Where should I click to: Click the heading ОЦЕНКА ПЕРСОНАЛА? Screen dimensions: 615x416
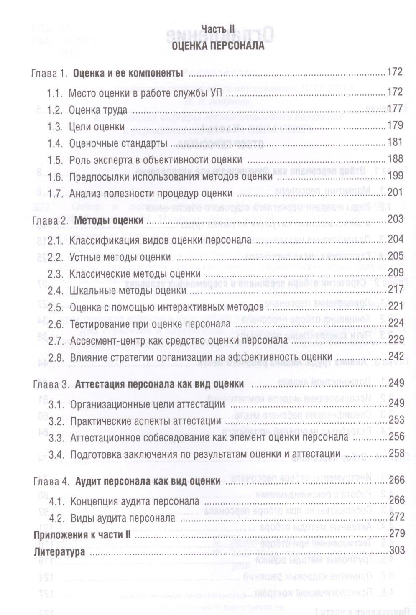218,46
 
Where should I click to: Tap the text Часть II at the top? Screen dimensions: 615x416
218,29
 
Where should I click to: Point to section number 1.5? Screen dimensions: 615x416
55,160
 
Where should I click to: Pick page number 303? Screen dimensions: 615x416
397,550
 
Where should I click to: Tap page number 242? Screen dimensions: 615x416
396,356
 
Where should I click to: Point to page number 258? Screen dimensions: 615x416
396,453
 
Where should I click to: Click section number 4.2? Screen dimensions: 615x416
56,518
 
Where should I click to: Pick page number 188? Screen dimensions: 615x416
395,159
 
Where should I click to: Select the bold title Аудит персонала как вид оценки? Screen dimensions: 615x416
148,481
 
